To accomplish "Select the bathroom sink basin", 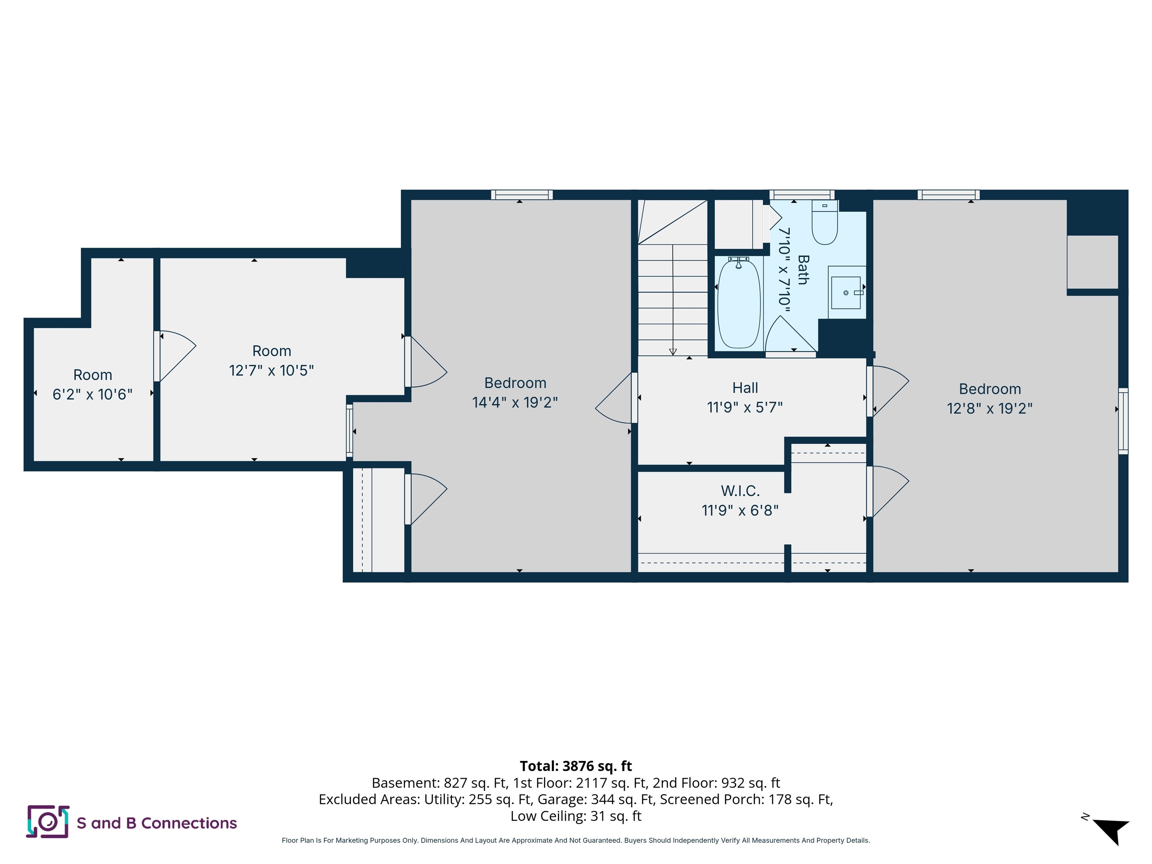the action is (x=845, y=292).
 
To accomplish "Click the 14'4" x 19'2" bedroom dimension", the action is (x=515, y=403).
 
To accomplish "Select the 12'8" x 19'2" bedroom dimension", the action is (x=990, y=408).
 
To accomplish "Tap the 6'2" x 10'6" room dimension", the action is (x=93, y=394).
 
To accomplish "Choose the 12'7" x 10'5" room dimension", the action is (x=271, y=370).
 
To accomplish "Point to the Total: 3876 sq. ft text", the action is (x=576, y=766).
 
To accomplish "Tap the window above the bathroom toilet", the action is (x=802, y=195).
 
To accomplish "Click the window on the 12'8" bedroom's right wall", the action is (x=1123, y=421).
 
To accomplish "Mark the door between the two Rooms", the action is (x=174, y=356).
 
